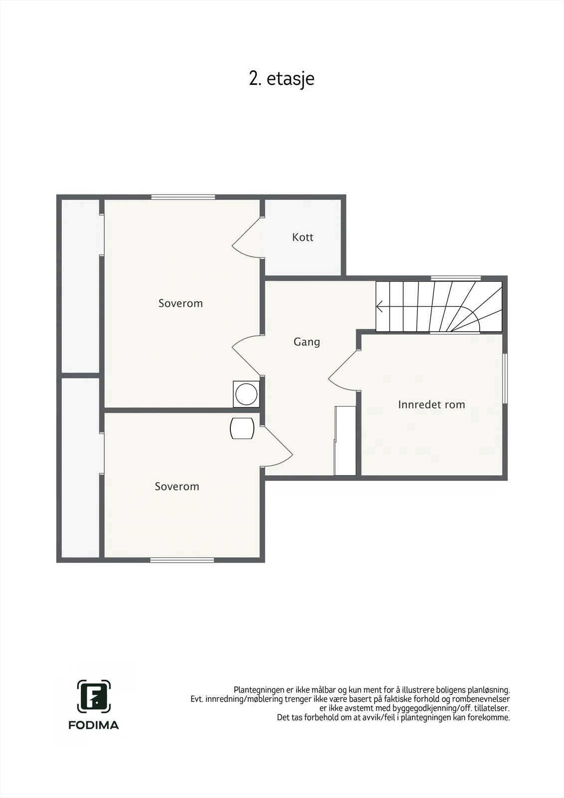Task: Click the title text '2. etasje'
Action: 281,79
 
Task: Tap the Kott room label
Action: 303,237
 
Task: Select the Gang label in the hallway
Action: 307,342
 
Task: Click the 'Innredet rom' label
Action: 431,404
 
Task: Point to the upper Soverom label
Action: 181,303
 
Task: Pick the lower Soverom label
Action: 177,486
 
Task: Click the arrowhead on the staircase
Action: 379,306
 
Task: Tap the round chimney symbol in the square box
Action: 246,394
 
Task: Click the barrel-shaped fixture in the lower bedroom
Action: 242,428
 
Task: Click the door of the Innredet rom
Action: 342,371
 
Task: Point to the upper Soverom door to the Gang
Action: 246,355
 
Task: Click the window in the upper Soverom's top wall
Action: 183,197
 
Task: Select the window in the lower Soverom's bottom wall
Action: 182,560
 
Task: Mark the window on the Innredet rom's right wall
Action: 505,379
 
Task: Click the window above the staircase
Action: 456,278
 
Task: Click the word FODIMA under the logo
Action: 94,725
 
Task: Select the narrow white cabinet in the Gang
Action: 345,441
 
